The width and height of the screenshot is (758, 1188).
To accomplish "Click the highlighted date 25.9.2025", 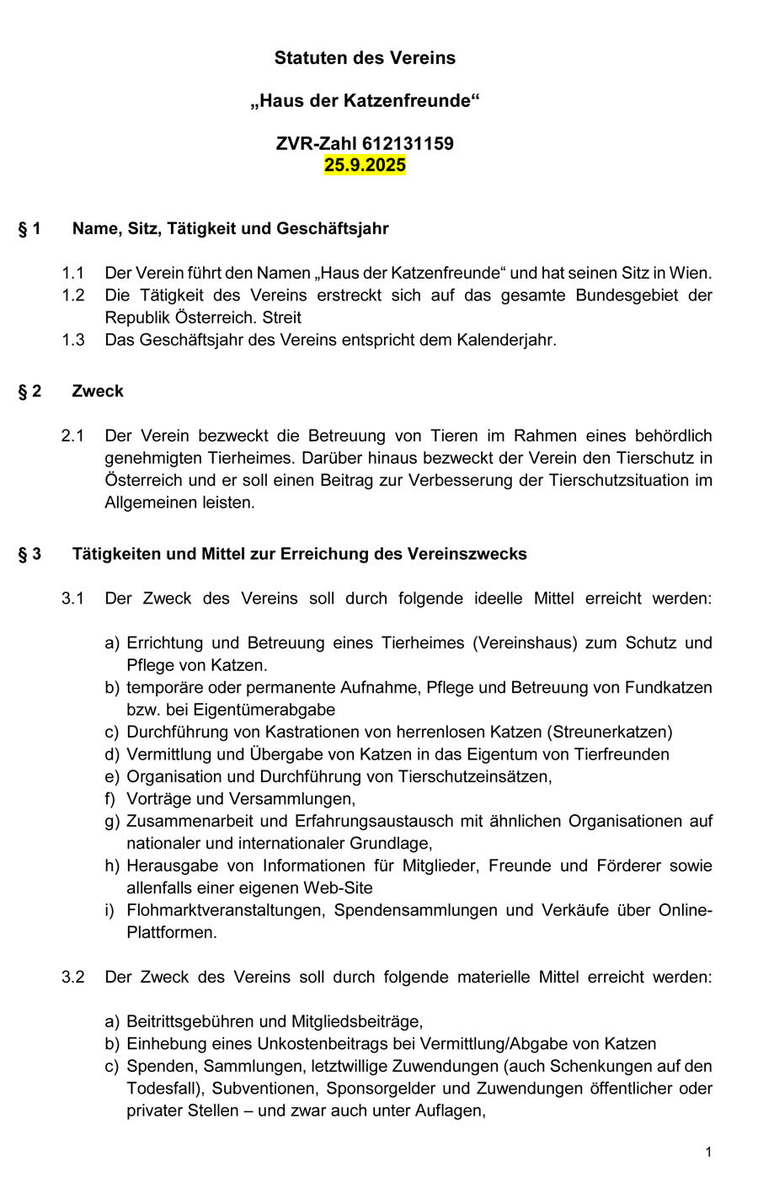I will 365,165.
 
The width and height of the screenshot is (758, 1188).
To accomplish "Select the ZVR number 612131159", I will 408,143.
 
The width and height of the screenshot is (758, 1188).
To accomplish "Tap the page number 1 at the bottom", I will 708,1152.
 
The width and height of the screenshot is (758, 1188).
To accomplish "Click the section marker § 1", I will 29,228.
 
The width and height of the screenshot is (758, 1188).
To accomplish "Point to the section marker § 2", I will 29,391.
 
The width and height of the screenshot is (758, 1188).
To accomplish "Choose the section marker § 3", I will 29,554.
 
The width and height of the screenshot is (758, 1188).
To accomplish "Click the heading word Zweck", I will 98,391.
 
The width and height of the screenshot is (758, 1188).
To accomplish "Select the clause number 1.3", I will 73,340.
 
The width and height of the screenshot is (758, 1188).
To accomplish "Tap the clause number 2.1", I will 73,436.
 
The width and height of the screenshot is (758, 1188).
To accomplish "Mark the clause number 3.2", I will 73,978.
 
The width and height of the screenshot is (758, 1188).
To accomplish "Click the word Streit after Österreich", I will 281,318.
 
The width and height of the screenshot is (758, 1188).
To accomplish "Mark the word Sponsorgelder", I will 379,1089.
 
